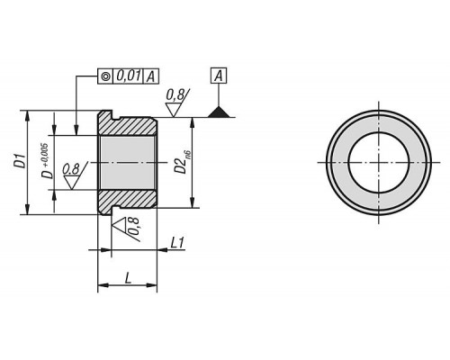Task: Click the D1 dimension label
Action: point(21,162)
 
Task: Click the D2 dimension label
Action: point(181,166)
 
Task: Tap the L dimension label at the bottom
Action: point(128,278)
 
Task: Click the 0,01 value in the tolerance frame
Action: point(128,76)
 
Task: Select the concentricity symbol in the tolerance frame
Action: point(105,76)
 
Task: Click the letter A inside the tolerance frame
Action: point(151,76)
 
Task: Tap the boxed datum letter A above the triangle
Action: point(219,76)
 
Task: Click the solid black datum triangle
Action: point(219,112)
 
